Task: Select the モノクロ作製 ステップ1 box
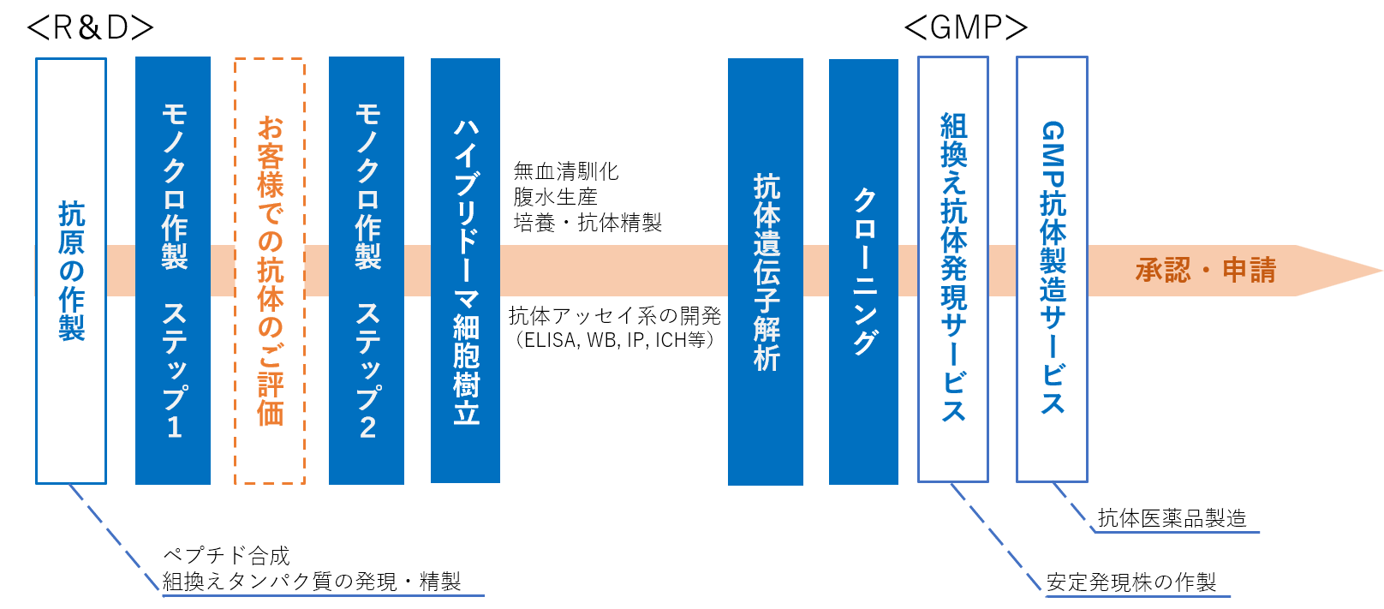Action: pyautogui.click(x=173, y=270)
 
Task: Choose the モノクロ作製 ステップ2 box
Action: pyautogui.click(x=367, y=270)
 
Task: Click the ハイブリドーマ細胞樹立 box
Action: pyautogui.click(x=465, y=270)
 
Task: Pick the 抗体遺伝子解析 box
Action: pyautogui.click(x=766, y=272)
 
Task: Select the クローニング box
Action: pyautogui.click(x=863, y=272)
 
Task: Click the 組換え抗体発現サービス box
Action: pyautogui.click(x=953, y=270)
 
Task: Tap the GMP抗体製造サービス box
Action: pyautogui.click(x=1052, y=270)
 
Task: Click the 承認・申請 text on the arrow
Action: pyautogui.click(x=1206, y=271)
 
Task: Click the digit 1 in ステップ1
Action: pyautogui.click(x=174, y=427)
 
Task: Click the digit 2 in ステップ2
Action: pyautogui.click(x=367, y=427)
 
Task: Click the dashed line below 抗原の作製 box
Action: pyautogui.click(x=116, y=539)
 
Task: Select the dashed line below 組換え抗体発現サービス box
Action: pyautogui.click(x=996, y=537)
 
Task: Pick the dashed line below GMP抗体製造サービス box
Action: pyautogui.click(x=1073, y=507)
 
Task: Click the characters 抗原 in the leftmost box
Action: pyautogui.click(x=72, y=228)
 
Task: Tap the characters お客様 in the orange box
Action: pyautogui.click(x=271, y=156)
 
